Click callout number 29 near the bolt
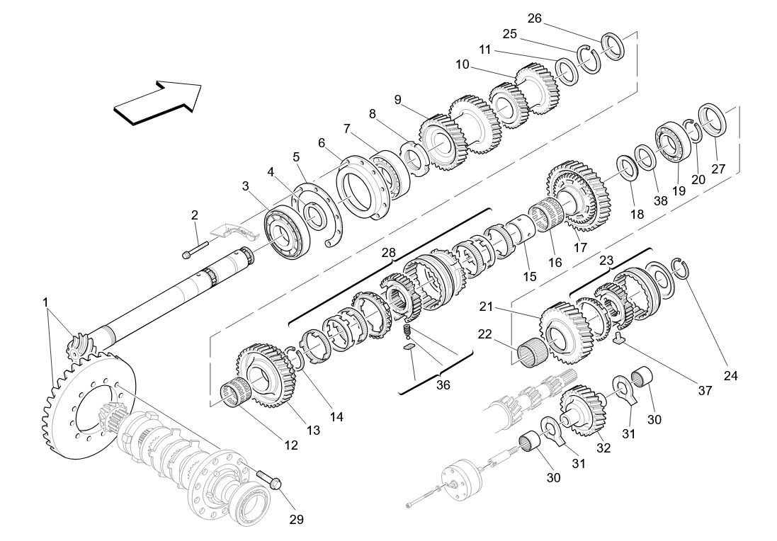point(296,519)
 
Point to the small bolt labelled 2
point(194,248)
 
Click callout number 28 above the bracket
point(387,252)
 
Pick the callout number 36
point(443,385)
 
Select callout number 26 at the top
point(534,18)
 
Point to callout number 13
point(313,430)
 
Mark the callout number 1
point(46,302)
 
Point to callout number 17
point(580,248)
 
